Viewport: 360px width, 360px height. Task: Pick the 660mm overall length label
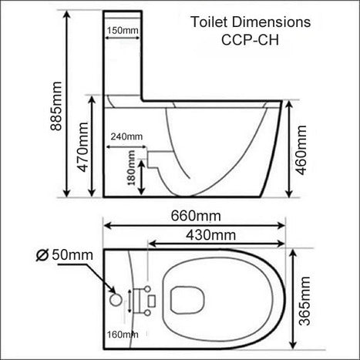pyautogui.click(x=194, y=213)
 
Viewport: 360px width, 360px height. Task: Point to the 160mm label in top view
pyautogui.click(x=123, y=334)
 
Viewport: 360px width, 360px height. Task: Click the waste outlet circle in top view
pyautogui.click(x=116, y=296)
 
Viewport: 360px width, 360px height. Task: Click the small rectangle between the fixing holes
pyautogui.click(x=153, y=297)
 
